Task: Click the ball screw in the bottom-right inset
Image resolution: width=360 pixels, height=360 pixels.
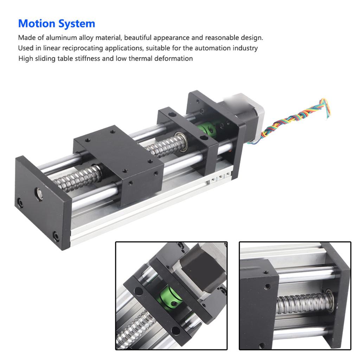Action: [x=302, y=302]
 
